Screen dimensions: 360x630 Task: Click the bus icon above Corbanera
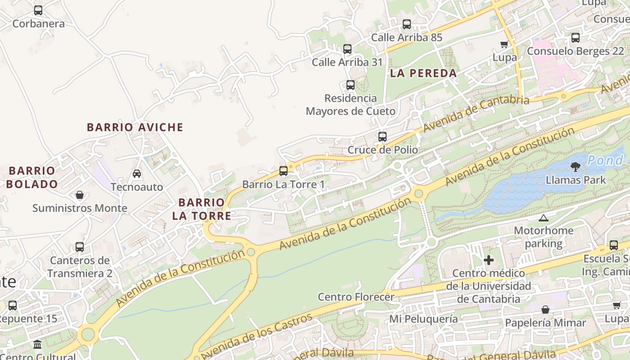pos(38,10)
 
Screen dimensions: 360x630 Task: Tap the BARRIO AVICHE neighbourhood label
pos(135,127)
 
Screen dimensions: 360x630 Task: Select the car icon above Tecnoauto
pos(137,173)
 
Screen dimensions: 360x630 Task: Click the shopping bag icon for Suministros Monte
pos(80,195)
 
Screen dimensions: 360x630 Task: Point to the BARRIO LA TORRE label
pos(202,209)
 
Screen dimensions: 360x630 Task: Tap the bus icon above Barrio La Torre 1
pos(283,171)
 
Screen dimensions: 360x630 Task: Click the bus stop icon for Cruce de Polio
pos(382,136)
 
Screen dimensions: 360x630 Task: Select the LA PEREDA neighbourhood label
pos(423,73)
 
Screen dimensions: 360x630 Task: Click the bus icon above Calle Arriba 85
pos(407,24)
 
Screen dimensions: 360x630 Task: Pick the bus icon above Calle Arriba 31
pos(347,49)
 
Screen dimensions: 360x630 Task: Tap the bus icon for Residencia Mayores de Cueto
pos(351,85)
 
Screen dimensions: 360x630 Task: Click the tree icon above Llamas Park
pos(575,167)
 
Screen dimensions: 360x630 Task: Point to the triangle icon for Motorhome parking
pos(544,218)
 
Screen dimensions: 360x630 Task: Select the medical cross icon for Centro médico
pos(489,260)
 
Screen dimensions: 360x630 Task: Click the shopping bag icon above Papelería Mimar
pos(545,310)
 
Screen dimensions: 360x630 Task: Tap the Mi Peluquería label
pos(423,319)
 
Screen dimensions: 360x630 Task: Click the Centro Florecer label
pos(356,297)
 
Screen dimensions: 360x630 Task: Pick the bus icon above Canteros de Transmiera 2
pos(80,247)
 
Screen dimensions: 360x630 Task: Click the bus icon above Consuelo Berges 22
pos(576,38)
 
